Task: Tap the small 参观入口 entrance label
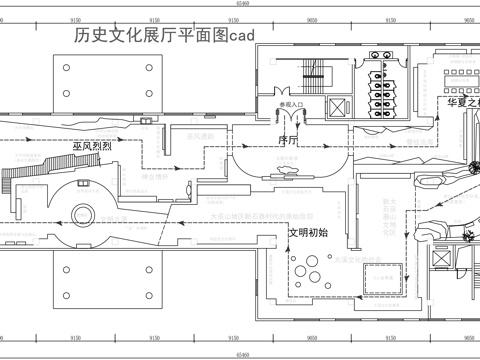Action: click(x=293, y=103)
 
